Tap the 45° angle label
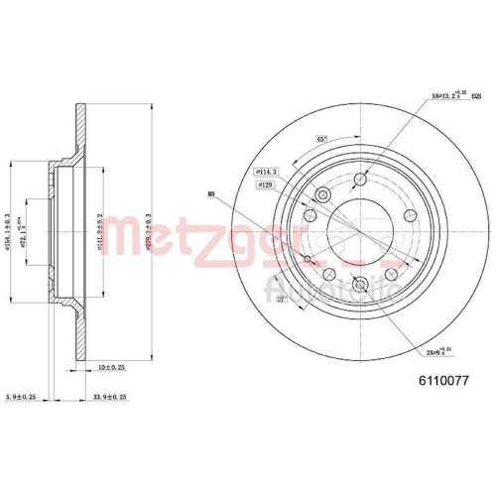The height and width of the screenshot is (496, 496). click(322, 138)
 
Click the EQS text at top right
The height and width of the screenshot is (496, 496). click(475, 96)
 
